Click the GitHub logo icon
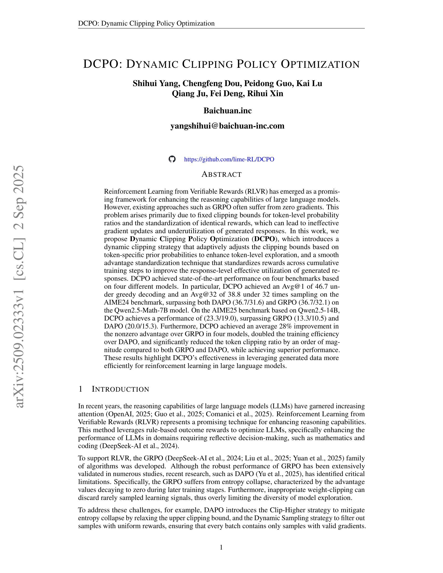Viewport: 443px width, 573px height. [x=172, y=159]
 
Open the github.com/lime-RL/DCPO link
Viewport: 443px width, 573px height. [x=229, y=159]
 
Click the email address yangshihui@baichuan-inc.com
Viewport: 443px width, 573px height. [x=227, y=126]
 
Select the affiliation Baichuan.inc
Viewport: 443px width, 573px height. [x=228, y=110]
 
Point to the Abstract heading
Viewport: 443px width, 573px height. [x=221, y=174]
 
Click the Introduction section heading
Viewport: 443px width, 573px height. [x=120, y=389]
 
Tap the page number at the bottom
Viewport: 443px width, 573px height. [x=221, y=547]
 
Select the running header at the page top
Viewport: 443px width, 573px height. [x=146, y=23]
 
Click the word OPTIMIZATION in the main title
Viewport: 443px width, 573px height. [x=320, y=64]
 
